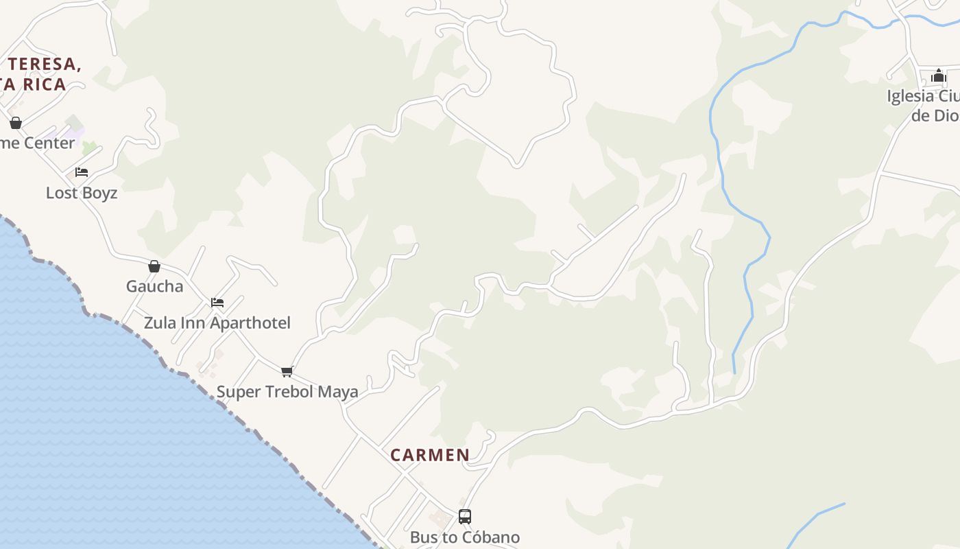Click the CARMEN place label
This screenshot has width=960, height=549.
430,455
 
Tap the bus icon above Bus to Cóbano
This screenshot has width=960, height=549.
465,517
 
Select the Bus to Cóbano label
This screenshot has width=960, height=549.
465,537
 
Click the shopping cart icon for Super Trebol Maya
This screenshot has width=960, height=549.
287,372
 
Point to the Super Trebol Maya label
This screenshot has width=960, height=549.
287,392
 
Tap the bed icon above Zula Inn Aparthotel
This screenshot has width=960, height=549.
217,302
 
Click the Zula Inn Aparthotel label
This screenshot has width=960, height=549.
217,323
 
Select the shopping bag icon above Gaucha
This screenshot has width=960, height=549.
154,266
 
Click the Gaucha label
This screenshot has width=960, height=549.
154,286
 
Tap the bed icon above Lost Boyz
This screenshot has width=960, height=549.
82,172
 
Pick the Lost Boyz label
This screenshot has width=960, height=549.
82,193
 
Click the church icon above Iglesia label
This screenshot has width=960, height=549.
939,75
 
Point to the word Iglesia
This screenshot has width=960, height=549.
910,96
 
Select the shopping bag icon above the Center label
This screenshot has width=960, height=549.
16,123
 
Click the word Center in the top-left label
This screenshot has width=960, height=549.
49,143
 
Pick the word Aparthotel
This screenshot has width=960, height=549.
254,323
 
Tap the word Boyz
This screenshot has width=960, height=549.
100,193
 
